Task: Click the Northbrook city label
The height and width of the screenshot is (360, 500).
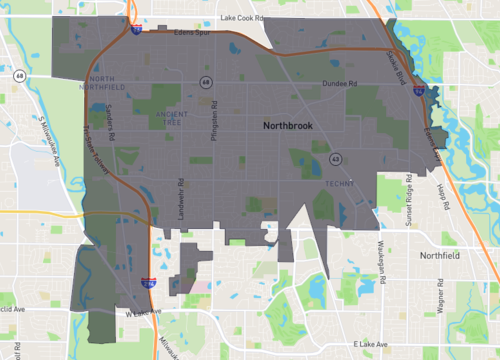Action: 291,127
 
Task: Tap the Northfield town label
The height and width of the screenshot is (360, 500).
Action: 445,255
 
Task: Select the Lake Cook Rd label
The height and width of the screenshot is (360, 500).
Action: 245,17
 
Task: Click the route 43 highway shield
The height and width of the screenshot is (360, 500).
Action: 335,158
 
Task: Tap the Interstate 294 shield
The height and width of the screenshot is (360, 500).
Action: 148,284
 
